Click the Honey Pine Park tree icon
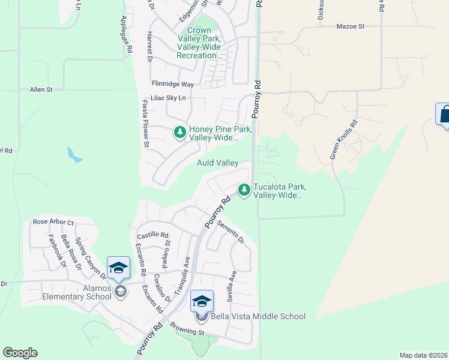click(179, 132)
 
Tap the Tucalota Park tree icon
click(244, 190)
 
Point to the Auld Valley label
click(218, 163)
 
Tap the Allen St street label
click(41, 89)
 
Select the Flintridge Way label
click(173, 85)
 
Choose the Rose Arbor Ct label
click(53, 222)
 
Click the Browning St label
click(187, 331)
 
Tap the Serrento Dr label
click(231, 232)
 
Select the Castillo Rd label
click(152, 236)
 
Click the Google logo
click(20, 353)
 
